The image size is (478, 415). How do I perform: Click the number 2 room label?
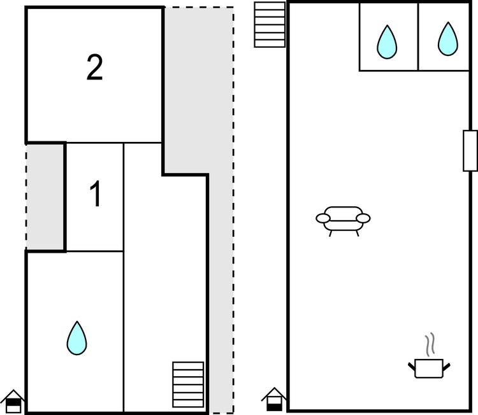click(x=94, y=68)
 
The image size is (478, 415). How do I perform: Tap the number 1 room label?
click(x=95, y=195)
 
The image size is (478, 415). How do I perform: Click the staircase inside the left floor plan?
click(x=188, y=379)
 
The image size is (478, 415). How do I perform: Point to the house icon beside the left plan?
click(x=13, y=401)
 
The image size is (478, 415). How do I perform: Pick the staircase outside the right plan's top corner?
click(x=270, y=24)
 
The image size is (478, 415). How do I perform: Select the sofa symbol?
click(x=343, y=218)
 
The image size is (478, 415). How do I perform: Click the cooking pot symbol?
click(x=429, y=367)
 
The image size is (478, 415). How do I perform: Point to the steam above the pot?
click(x=431, y=344)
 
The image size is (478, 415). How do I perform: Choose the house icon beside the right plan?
click(x=274, y=399)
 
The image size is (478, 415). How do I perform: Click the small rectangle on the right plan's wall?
click(x=470, y=150)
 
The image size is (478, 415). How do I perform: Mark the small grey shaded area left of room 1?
click(x=46, y=197)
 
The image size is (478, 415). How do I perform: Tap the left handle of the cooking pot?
click(x=411, y=365)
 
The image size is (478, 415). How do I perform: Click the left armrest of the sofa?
click(x=323, y=219)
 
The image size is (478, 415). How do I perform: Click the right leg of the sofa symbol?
click(x=357, y=233)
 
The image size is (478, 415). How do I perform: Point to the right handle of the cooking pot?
click(x=447, y=365)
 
